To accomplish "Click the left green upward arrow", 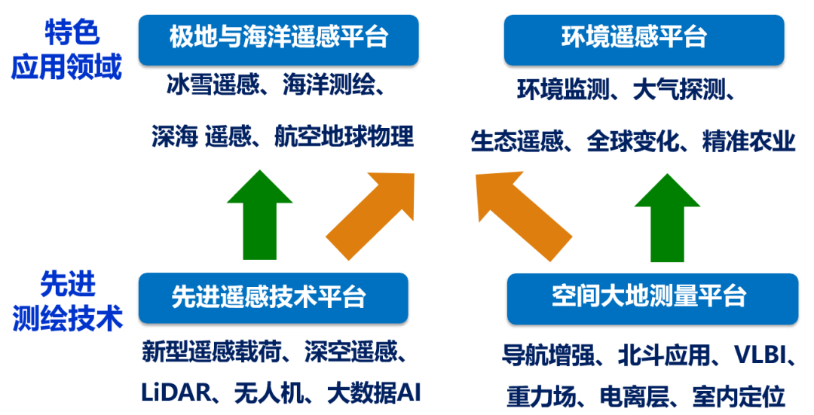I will pos(259,215).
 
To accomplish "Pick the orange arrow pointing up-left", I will pos(524,215).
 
